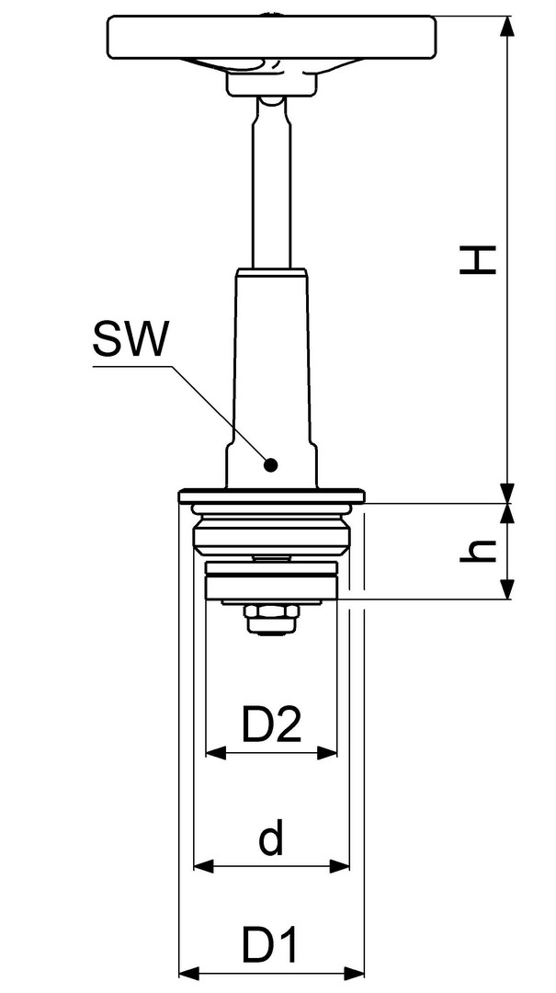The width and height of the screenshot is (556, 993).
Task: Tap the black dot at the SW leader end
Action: pyautogui.click(x=271, y=465)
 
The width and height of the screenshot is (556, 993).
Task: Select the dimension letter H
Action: pyautogui.click(x=478, y=261)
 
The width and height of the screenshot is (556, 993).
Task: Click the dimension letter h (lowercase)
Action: pyautogui.click(x=478, y=551)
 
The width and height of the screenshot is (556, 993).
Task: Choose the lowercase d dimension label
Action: pyautogui.click(x=271, y=839)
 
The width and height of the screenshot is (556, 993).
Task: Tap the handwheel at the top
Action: pyautogui.click(x=272, y=37)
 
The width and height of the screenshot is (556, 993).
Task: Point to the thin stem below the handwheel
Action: pyautogui.click(x=272, y=184)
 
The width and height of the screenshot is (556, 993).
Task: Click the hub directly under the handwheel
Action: pyautogui.click(x=272, y=84)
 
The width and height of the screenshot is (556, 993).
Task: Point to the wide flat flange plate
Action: pyautogui.click(x=272, y=496)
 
